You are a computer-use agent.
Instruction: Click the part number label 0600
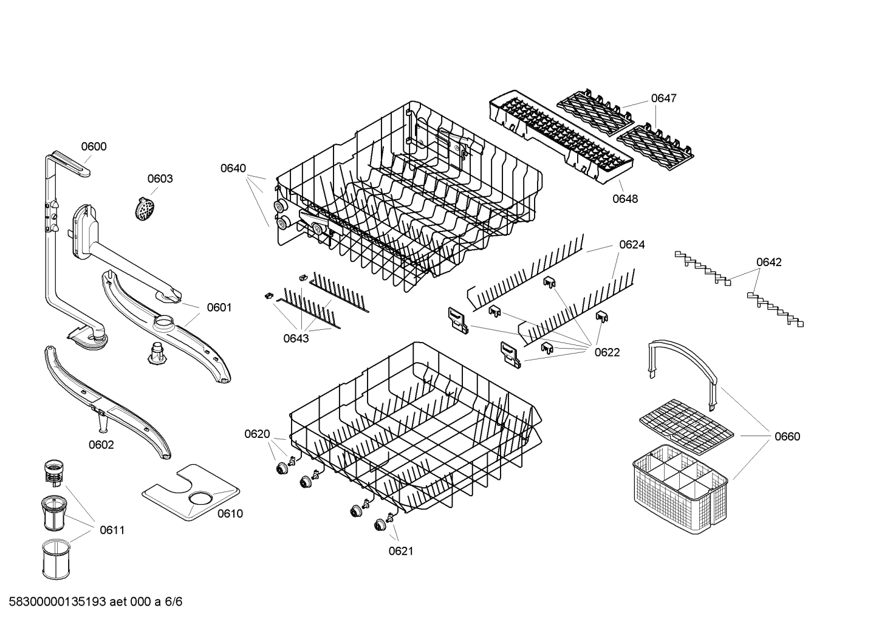pos(94,146)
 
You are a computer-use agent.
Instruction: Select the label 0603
pos(160,179)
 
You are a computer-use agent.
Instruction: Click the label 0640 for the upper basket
pos(233,168)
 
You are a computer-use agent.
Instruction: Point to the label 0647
pos(663,98)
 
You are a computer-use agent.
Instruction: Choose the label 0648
pos(625,199)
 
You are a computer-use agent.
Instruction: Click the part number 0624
pos(632,245)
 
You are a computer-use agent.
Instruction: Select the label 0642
pos(768,262)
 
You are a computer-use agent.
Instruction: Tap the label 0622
pos(607,352)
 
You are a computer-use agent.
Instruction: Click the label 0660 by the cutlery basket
pos(787,436)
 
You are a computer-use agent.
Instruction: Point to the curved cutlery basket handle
pos(683,364)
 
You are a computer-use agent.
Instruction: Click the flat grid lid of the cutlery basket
pos(686,420)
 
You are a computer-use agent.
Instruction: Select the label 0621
pos(400,551)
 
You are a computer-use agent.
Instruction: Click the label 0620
pos(257,434)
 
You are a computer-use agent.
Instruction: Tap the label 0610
pos(230,514)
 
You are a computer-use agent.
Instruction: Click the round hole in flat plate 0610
pos(200,499)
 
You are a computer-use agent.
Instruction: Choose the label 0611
pos(112,530)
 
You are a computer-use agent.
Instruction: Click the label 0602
pos(101,445)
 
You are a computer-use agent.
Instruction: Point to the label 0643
pos(296,338)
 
